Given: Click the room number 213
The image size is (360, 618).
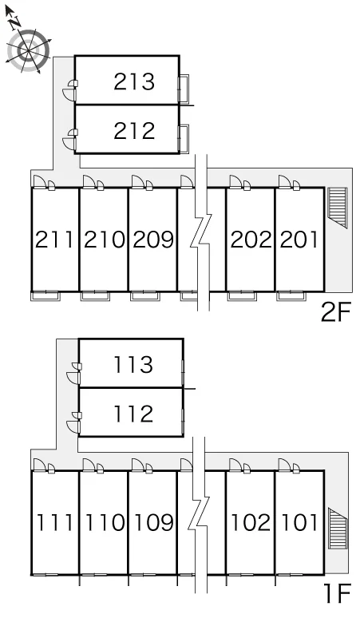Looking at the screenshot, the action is [134, 81].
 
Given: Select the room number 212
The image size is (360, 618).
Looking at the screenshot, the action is [134, 131].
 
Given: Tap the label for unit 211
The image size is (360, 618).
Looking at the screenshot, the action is [54, 240].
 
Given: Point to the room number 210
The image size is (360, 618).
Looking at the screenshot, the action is [104, 240].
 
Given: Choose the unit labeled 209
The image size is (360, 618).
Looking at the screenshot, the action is [152, 240].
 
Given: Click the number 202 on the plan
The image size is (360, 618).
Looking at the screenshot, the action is [251, 240].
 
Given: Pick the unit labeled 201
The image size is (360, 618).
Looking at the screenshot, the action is [299, 240].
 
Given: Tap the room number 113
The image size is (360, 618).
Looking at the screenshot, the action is [133, 364].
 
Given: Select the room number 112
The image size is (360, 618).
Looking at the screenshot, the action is [133, 414].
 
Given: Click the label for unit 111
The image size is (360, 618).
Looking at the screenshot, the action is [54, 522].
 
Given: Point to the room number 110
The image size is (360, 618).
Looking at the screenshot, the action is [104, 522].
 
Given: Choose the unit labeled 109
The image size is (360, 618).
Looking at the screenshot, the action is [152, 522].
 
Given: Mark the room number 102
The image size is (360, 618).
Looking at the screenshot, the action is [251, 522].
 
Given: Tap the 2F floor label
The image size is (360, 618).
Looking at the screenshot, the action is [335, 312].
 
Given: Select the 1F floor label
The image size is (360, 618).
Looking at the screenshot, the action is [337, 594].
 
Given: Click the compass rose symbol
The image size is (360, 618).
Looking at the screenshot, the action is [30, 50].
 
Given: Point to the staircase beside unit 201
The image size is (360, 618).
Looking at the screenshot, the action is [338, 208].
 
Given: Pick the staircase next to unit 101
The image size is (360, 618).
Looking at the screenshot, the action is [338, 529].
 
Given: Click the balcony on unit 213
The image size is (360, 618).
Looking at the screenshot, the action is [184, 89].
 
